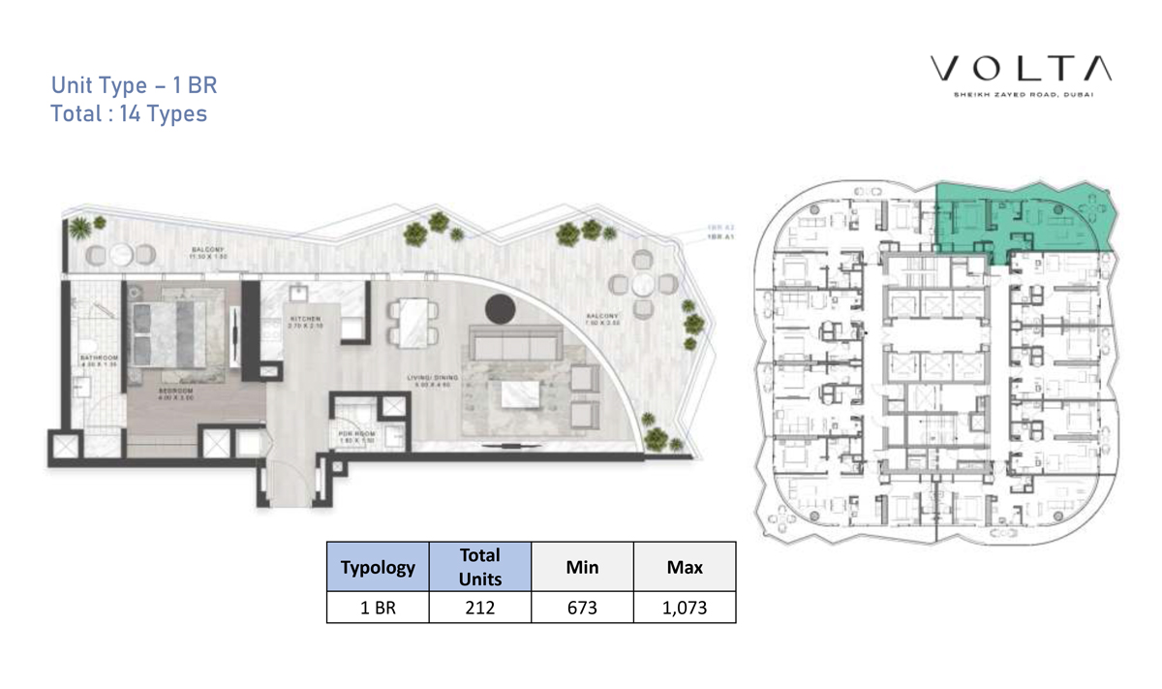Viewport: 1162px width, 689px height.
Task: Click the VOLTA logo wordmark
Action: (x=1021, y=70)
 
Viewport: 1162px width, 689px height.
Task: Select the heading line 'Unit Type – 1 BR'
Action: (x=134, y=85)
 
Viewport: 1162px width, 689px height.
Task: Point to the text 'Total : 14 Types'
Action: (x=129, y=113)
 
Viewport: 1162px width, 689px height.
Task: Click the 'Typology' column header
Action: (x=379, y=567)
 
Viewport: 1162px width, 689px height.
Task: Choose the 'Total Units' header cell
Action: (x=479, y=567)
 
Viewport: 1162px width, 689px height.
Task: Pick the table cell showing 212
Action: (x=479, y=608)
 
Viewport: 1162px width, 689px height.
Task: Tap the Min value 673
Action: (x=582, y=608)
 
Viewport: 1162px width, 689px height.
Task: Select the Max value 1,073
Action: (x=685, y=608)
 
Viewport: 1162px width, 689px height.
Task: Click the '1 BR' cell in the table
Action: (x=379, y=608)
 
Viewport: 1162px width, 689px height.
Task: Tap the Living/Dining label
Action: (x=431, y=380)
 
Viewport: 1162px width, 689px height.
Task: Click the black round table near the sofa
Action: (x=499, y=308)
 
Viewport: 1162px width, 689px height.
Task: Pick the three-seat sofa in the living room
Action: (x=514, y=343)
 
